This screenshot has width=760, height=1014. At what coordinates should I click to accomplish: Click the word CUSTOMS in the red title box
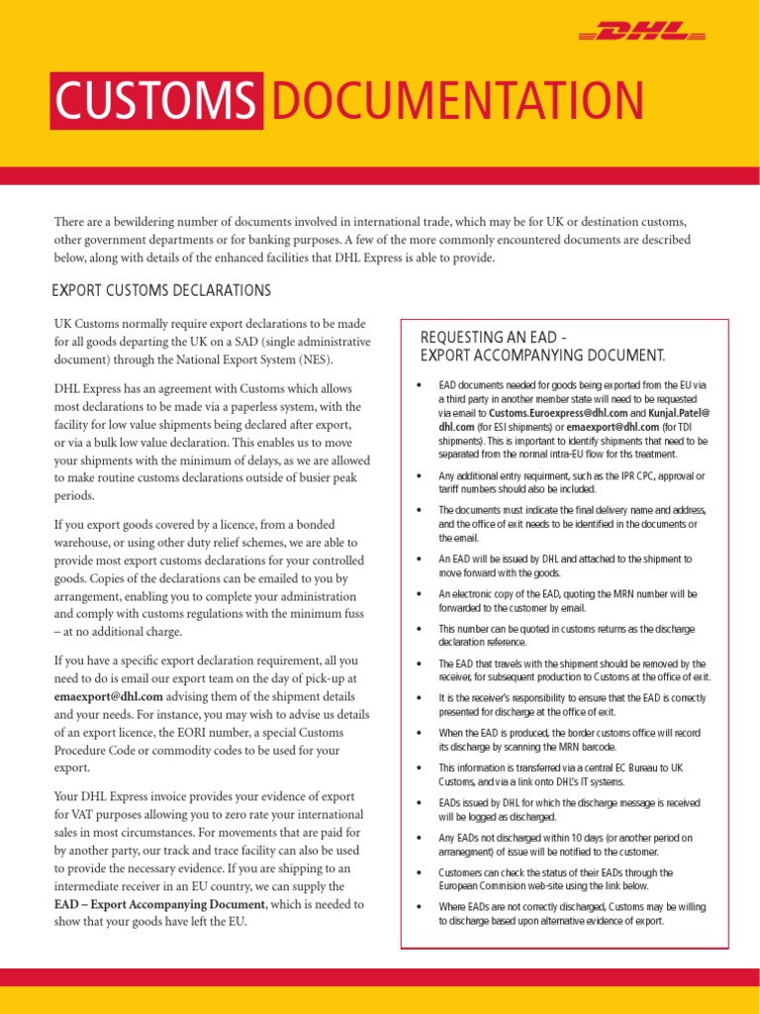pos(156,102)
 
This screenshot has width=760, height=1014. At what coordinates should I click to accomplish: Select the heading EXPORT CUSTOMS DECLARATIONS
pos(160,290)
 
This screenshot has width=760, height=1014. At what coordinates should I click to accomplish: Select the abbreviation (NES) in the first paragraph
pos(315,359)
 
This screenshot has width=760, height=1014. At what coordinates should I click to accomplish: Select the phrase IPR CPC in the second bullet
pos(619,475)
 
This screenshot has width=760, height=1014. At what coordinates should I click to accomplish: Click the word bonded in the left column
pos(316,524)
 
